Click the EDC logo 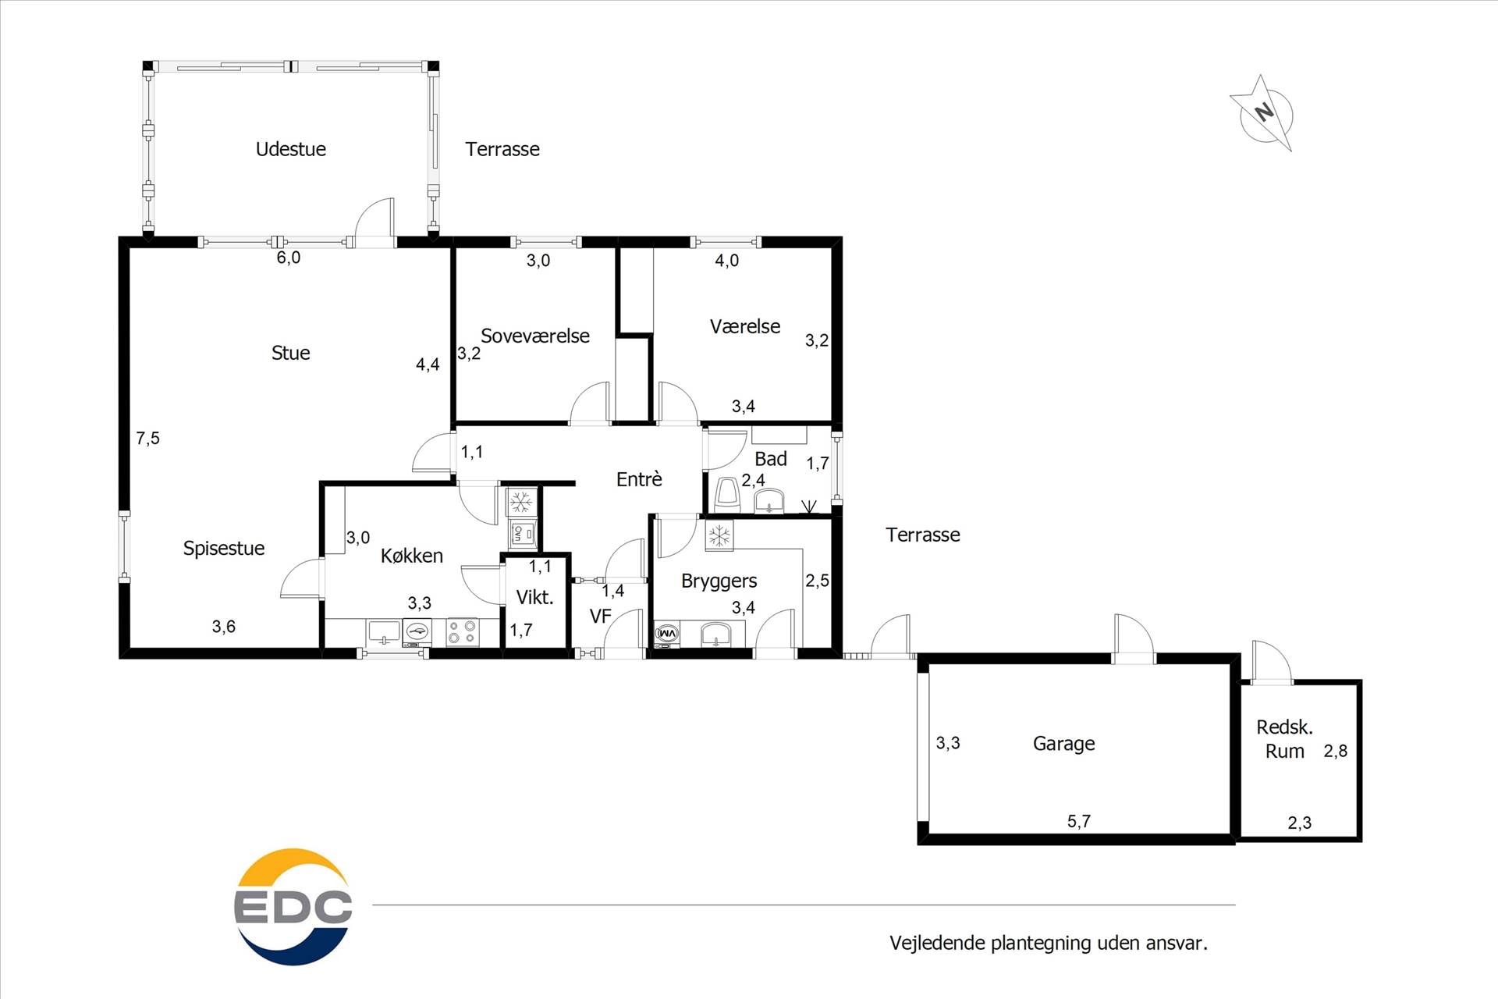(x=293, y=906)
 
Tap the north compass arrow (x=1262, y=114)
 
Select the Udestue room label (x=291, y=149)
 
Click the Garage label (x=1063, y=744)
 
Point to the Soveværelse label (x=535, y=336)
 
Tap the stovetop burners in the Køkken (x=462, y=631)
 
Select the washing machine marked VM (x=667, y=634)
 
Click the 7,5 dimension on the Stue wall (x=147, y=439)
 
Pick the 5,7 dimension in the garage (x=1079, y=821)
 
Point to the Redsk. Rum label (x=1284, y=739)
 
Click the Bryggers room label (x=719, y=581)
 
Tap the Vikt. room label (x=535, y=598)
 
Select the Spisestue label (x=224, y=549)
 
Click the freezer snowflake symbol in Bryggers (x=719, y=535)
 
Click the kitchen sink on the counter (x=383, y=631)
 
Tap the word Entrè (x=639, y=479)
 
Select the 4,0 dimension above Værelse (x=727, y=261)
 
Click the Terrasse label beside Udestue (x=502, y=149)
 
